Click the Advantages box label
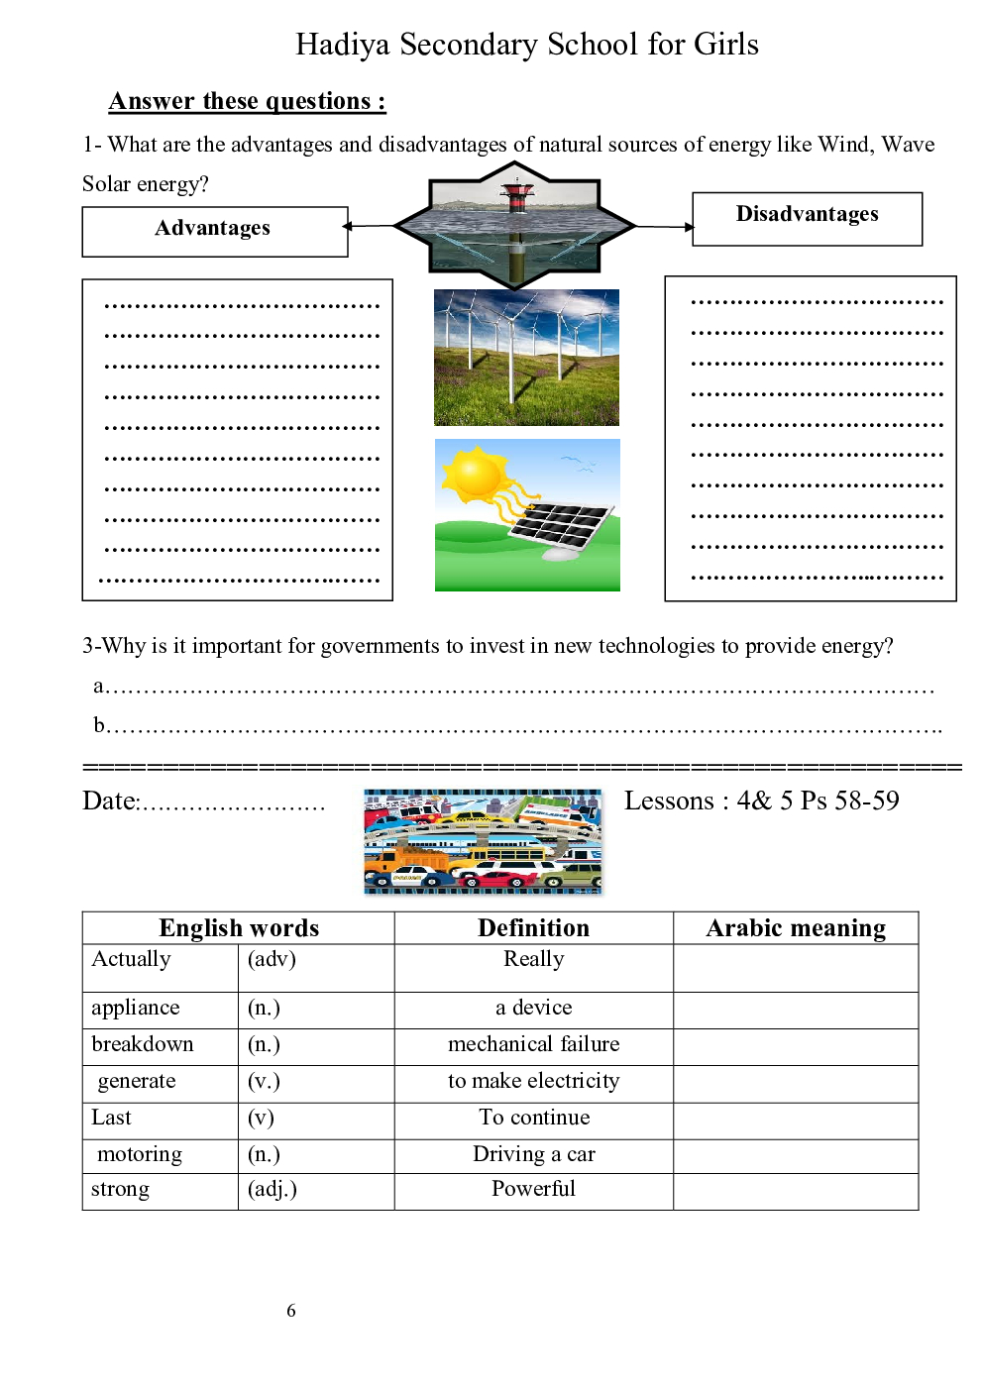coord(212,229)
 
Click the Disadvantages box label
coord(807,215)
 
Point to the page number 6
coord(291,1311)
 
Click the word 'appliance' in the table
coord(136,1009)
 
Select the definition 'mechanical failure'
coord(533,1044)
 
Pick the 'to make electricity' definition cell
coord(533,1081)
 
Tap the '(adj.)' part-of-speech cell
coord(273,1189)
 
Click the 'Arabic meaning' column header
coord(796,928)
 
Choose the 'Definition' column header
coord(533,928)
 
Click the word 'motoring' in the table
coord(140,1154)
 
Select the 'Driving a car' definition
coord(533,1154)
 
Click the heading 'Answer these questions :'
coord(247,102)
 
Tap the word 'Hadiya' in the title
coord(343,45)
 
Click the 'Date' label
coord(110,802)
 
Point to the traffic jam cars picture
coord(483,842)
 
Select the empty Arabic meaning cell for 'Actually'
coord(796,968)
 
